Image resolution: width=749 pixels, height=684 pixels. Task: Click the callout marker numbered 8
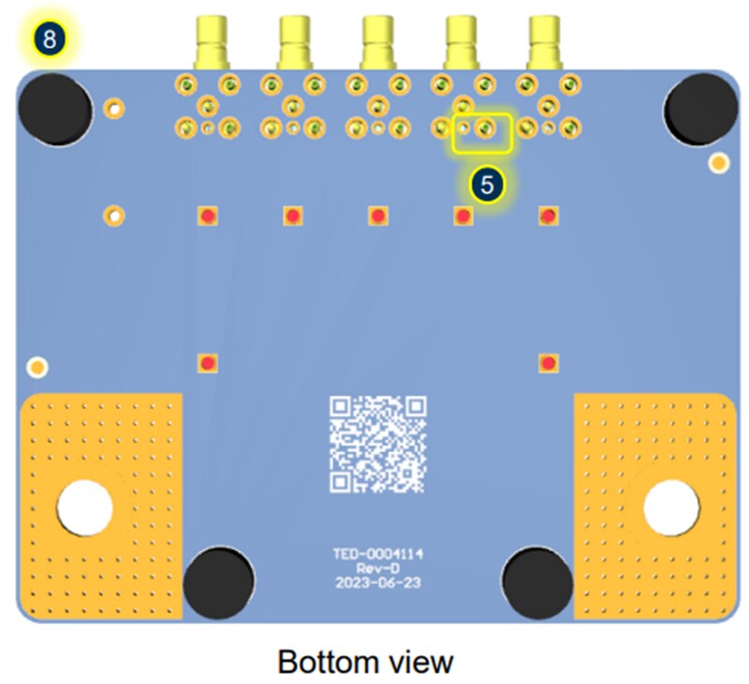point(50,38)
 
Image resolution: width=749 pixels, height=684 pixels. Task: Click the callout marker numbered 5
point(487,184)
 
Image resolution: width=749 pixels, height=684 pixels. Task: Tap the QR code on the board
point(378,444)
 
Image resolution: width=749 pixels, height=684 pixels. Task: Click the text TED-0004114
point(378,554)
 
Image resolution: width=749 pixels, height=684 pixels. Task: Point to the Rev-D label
point(378,568)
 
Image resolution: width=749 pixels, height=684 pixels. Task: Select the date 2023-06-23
point(378,583)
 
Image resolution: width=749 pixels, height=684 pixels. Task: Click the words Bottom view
point(365,662)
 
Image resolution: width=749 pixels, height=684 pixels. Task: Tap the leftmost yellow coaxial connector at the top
point(212,42)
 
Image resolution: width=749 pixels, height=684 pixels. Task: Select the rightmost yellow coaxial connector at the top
point(545,42)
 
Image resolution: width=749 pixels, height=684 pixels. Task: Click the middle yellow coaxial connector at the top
point(378,42)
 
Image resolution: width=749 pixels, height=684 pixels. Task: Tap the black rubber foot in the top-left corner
point(55,109)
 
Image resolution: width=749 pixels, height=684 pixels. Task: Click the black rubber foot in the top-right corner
point(700,109)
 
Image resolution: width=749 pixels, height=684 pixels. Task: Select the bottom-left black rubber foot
point(218,583)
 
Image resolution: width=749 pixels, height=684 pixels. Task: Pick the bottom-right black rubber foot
point(537,583)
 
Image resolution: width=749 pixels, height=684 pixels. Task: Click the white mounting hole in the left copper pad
point(84,508)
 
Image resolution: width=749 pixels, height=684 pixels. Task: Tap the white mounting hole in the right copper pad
point(671,508)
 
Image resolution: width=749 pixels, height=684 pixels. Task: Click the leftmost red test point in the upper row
point(208,216)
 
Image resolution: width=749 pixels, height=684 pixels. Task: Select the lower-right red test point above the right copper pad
point(549,363)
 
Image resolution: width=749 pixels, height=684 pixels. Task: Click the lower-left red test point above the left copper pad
point(208,363)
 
